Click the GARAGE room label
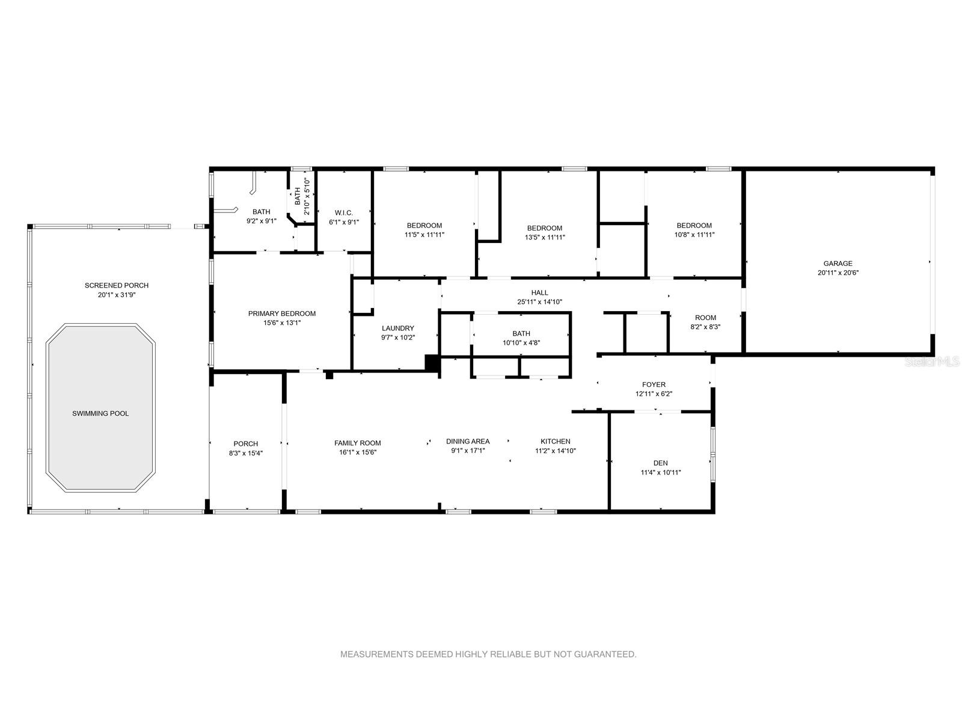click(838, 264)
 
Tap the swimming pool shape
click(100, 408)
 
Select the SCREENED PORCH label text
click(117, 285)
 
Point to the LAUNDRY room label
click(397, 329)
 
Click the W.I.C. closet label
click(343, 213)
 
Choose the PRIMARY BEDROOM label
click(282, 313)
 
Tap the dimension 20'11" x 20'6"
click(838, 273)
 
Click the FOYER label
click(654, 384)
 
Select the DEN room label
click(660, 463)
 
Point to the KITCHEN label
click(556, 442)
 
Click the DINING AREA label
click(468, 442)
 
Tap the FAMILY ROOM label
click(358, 443)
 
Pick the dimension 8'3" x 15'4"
click(245, 453)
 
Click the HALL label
click(539, 292)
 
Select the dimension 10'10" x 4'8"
click(521, 343)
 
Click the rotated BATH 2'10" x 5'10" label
click(302, 196)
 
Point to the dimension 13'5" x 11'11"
click(545, 237)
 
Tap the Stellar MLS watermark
click(932, 362)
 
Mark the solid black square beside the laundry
click(432, 363)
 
